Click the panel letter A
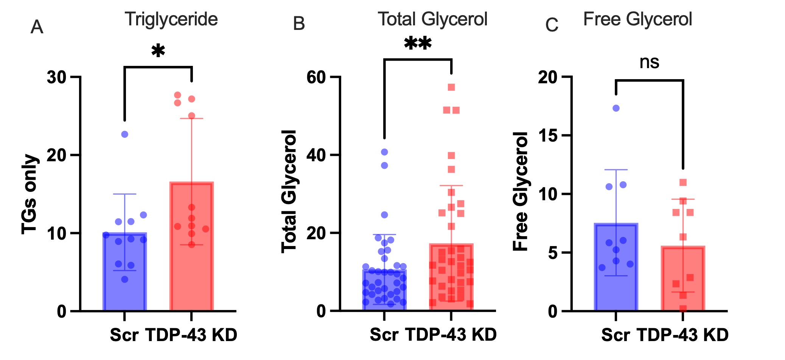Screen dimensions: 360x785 37,27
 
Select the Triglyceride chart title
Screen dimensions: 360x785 171,19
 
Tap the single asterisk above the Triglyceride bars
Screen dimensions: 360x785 158,51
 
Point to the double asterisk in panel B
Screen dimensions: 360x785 418,44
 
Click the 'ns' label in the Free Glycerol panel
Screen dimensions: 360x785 649,62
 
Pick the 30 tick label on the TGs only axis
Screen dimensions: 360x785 57,77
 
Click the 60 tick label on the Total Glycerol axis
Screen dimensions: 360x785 316,77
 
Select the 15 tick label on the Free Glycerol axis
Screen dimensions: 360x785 548,136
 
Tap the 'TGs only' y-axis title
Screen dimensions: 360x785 30,194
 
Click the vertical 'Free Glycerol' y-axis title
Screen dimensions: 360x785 521,191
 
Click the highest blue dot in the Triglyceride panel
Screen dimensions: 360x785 124,134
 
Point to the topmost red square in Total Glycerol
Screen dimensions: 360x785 451,87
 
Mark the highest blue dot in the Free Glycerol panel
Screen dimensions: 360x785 616,108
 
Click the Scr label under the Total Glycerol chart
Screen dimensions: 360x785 384,335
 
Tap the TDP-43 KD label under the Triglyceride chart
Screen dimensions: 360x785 191,335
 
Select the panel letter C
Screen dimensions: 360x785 552,25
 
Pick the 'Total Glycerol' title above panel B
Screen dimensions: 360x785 432,19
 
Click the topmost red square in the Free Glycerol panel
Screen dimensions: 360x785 683,182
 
